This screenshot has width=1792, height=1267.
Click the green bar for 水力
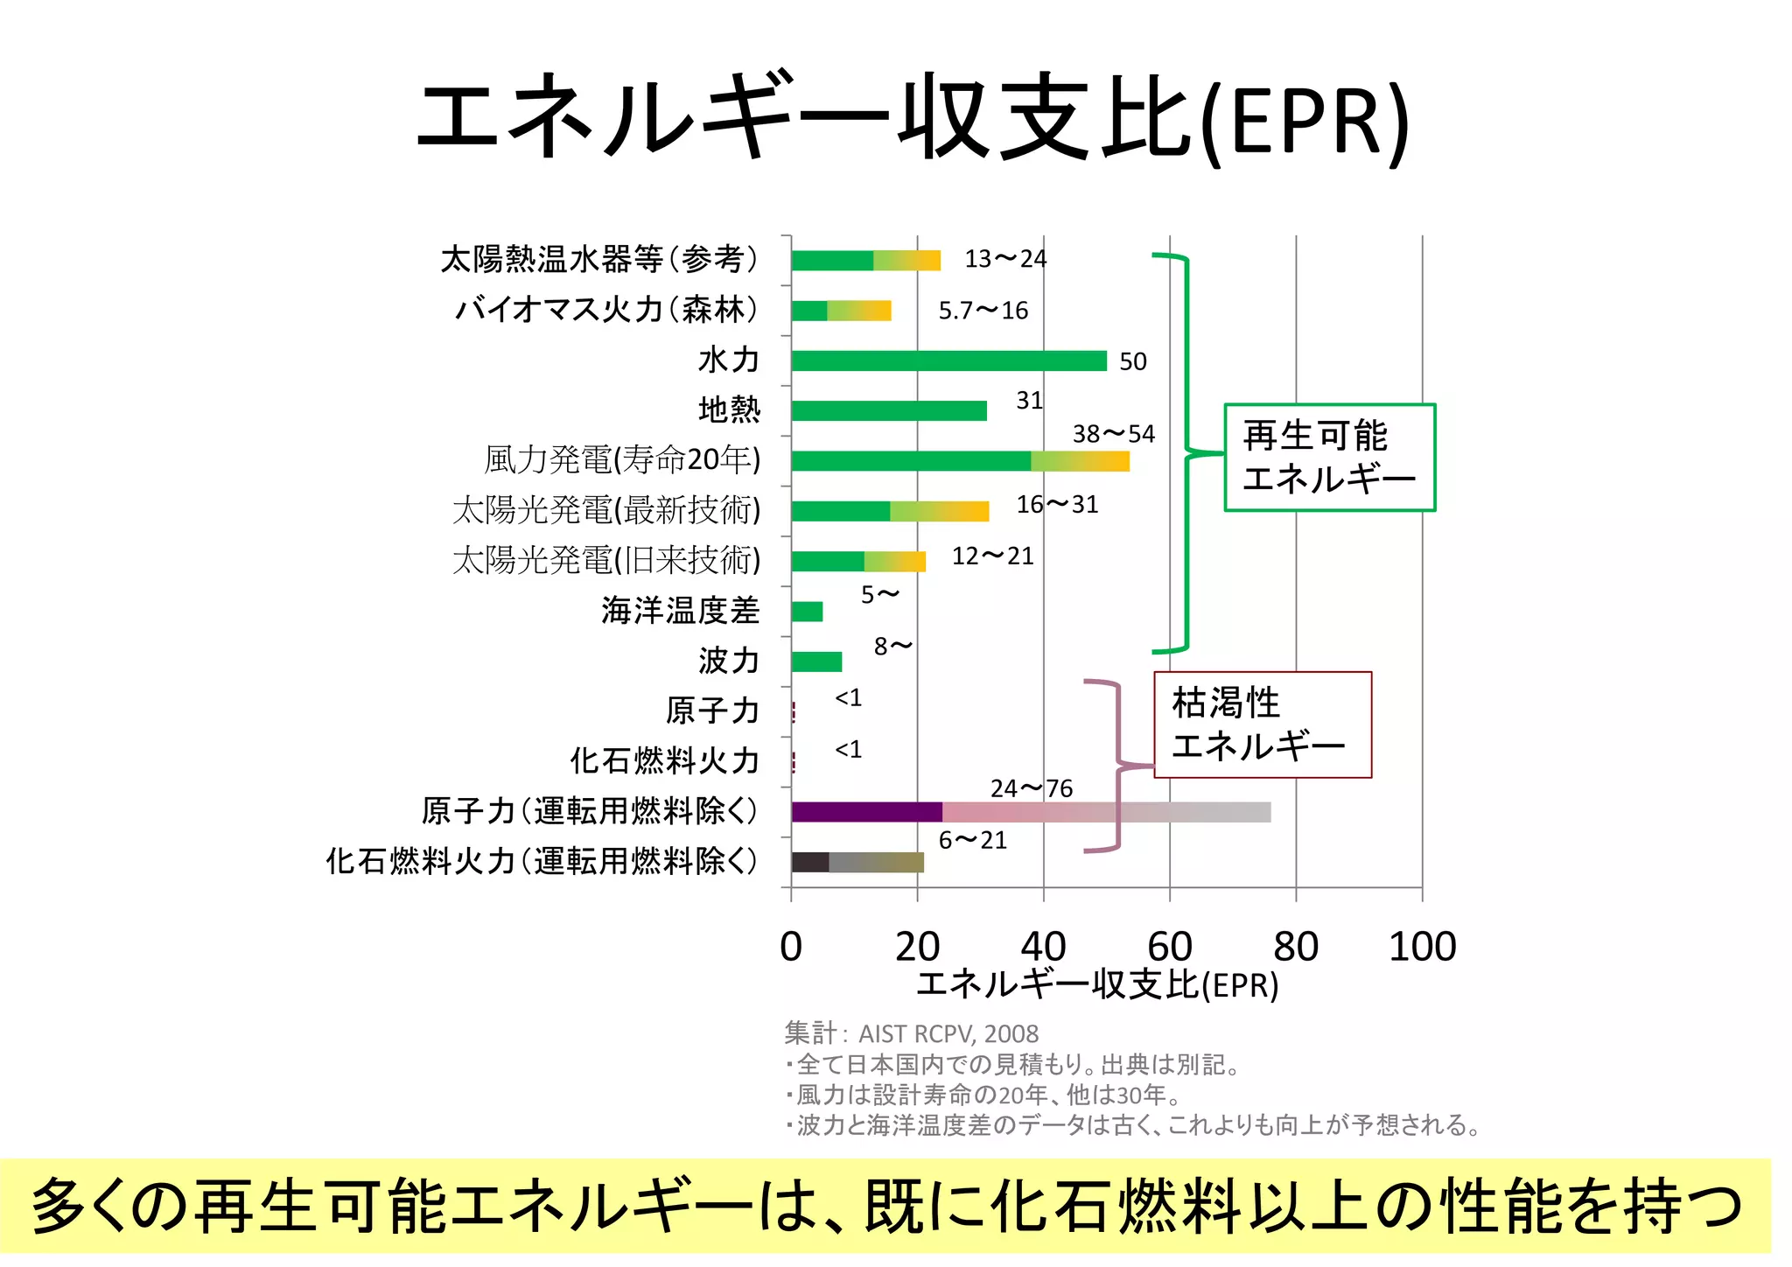948,360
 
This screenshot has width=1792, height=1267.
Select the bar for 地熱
889,410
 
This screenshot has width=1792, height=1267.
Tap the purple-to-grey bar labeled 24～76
1031,812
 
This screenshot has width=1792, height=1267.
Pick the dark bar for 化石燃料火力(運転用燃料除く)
857,862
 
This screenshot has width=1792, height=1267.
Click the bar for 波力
816,661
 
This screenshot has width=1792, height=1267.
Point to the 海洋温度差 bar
807,612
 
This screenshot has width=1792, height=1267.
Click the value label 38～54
1114,434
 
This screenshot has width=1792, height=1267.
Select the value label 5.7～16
983,311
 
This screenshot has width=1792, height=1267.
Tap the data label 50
1133,361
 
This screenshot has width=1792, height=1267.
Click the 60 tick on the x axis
1170,947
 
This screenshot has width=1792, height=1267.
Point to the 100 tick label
1422,947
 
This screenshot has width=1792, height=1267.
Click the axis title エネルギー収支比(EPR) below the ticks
1097,985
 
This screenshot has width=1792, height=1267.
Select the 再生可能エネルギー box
1329,458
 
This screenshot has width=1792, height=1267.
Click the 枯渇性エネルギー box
1262,724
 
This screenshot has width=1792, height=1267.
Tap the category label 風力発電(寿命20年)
622,459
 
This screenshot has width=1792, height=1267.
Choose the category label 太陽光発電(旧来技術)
606,560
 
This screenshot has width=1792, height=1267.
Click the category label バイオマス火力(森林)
606,310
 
